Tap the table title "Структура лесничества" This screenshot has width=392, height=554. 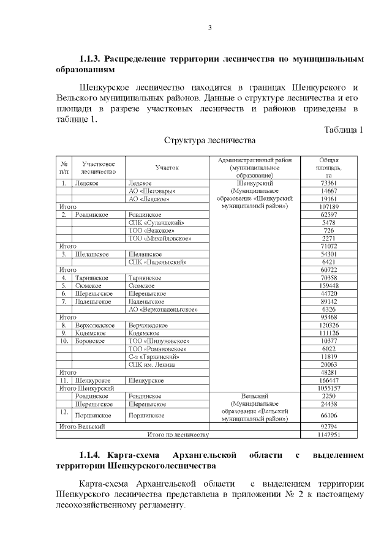[209, 141]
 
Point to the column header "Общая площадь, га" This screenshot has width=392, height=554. [328, 167]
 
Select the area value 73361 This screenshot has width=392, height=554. [328, 183]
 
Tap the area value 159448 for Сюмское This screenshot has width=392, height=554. [328, 286]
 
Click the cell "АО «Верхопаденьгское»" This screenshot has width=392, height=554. [163, 310]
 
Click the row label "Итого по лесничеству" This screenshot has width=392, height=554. [178, 435]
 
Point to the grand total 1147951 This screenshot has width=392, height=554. [328, 435]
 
